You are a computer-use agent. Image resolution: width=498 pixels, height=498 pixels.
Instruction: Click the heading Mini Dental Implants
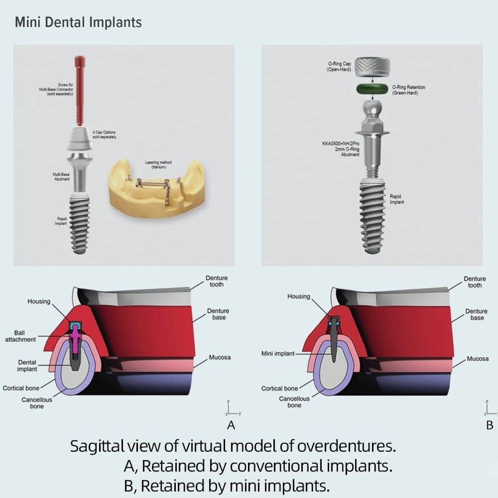click(78, 22)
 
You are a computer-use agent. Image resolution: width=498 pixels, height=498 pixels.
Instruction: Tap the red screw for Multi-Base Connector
click(80, 88)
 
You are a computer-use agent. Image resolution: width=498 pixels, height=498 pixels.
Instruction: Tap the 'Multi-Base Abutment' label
click(61, 176)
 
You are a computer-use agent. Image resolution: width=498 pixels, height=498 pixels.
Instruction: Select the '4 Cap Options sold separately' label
click(104, 134)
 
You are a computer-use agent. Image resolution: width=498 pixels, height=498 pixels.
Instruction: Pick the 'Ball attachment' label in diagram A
click(21, 336)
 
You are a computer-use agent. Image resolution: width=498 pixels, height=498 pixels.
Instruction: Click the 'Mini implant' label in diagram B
click(278, 354)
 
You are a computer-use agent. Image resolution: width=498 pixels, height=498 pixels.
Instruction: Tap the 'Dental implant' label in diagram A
click(27, 366)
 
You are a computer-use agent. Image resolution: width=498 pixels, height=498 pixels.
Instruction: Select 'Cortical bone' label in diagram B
click(280, 388)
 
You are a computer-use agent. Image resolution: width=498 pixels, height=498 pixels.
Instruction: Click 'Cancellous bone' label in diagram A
click(37, 403)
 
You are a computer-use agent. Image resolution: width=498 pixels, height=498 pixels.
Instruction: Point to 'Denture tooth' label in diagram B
click(475, 282)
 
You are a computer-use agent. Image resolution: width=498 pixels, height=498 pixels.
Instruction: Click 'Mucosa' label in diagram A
click(220, 357)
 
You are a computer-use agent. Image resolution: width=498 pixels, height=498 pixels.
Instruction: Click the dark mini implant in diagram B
click(334, 342)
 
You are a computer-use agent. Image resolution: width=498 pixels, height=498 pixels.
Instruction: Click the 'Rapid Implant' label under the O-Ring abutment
click(397, 199)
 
